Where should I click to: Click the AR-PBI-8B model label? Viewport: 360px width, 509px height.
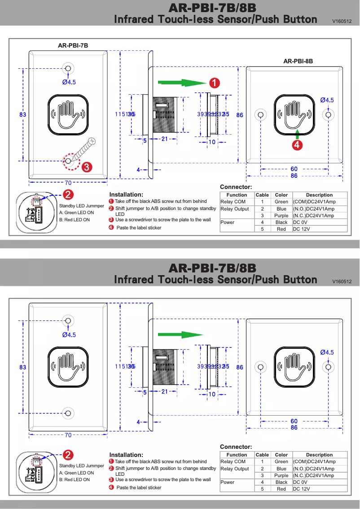click(298, 61)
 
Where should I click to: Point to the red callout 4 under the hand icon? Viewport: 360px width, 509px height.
click(297, 145)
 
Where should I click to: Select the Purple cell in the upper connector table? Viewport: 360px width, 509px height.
click(281, 215)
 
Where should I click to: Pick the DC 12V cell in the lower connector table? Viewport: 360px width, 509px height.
click(301, 489)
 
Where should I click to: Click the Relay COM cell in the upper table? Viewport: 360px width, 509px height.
click(233, 202)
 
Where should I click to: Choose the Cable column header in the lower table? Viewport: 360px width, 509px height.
click(262, 455)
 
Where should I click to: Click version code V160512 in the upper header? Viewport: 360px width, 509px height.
click(342, 21)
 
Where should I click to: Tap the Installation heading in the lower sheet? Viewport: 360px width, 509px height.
click(126, 455)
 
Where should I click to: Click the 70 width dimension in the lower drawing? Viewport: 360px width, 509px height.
click(68, 435)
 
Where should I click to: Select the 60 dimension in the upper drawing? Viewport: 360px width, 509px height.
click(294, 169)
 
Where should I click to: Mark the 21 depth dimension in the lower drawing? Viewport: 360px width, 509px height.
click(165, 392)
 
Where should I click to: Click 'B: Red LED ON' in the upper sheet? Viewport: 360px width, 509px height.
click(75, 220)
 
